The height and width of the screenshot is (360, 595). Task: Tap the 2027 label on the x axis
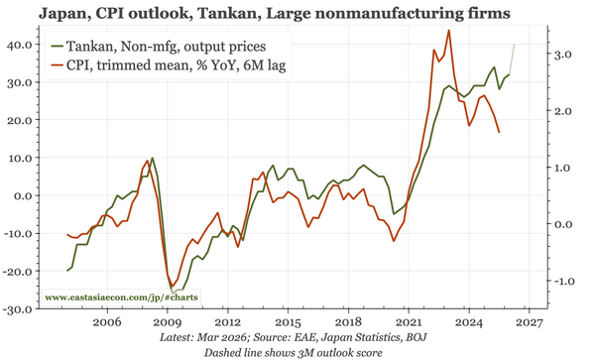[x=529, y=323]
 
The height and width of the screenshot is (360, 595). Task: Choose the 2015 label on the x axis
[x=288, y=323]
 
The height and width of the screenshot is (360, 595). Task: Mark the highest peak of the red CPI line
[x=449, y=30]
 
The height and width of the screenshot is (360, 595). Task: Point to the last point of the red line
[x=499, y=132]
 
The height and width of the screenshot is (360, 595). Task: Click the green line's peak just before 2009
[x=152, y=158]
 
